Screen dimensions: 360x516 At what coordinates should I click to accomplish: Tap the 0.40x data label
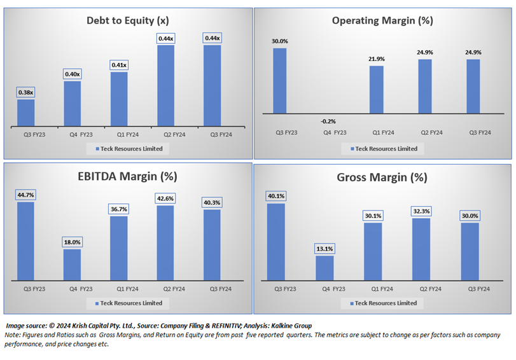[x=72, y=74]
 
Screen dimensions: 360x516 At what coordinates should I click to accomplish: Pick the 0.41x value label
[x=119, y=65]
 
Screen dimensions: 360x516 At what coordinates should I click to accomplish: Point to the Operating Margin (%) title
[x=382, y=20]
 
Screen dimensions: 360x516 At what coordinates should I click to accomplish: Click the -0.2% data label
[x=328, y=121]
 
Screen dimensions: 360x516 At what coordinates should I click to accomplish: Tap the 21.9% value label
[x=376, y=59]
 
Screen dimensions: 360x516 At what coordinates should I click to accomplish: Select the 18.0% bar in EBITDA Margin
[x=72, y=264]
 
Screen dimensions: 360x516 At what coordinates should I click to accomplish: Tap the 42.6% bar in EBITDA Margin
[x=165, y=242]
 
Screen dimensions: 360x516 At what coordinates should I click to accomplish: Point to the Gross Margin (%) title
[x=382, y=177]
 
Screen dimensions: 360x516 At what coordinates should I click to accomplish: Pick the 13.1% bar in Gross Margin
[x=324, y=268]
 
